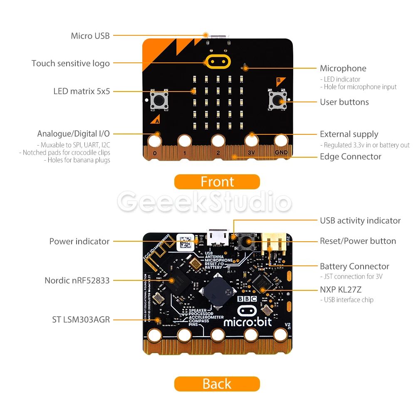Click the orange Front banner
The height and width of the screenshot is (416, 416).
[x=217, y=182]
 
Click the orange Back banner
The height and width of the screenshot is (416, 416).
[x=217, y=384]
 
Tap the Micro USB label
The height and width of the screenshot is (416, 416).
[x=90, y=36]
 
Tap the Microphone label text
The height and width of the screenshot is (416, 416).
[x=343, y=68]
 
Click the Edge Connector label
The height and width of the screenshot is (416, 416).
[x=350, y=156]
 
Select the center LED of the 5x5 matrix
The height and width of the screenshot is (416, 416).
[x=218, y=101]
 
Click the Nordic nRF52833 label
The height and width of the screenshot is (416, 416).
[x=77, y=280]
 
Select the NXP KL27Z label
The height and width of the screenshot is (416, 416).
[x=340, y=290]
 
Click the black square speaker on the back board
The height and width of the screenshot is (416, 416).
[x=216, y=291]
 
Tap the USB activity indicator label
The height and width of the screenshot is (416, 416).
[x=360, y=220]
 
